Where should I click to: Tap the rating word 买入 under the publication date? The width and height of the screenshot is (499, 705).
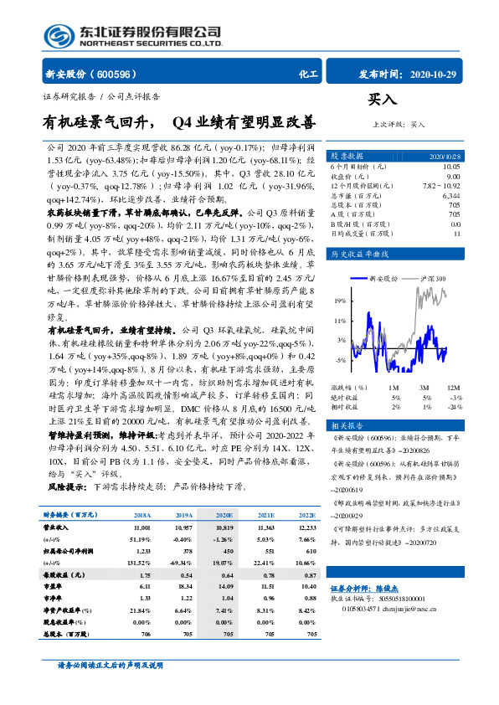(381, 99)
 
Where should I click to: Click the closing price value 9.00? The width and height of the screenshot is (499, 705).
(453, 177)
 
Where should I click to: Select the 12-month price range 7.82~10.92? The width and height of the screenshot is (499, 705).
(443, 186)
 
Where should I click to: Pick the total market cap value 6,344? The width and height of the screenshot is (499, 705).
(449, 195)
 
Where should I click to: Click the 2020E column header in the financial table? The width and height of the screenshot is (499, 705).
(224, 492)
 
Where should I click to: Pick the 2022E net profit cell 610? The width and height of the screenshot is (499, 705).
(310, 529)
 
